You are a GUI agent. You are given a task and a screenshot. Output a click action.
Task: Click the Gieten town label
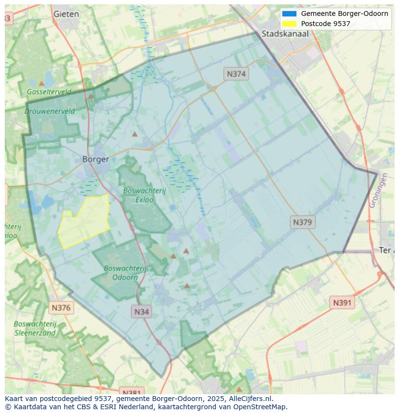click(x=66, y=14)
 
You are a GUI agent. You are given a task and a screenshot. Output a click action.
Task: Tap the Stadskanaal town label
click(x=285, y=34)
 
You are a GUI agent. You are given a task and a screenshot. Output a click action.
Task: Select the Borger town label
click(x=95, y=159)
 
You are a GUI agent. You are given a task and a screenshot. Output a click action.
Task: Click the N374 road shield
click(x=236, y=74)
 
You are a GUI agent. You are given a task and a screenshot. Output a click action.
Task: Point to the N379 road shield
click(x=303, y=222)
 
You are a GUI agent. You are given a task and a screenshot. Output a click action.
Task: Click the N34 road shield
click(x=141, y=311)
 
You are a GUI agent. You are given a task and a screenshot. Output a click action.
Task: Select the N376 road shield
click(x=61, y=308)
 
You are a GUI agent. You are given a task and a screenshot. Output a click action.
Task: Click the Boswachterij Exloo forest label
click(x=144, y=195)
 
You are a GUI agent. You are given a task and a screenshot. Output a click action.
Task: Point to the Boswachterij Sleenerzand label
click(x=35, y=328)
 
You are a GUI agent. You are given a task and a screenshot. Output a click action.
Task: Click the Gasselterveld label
click(x=49, y=92)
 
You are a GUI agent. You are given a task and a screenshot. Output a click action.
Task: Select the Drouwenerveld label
click(x=50, y=111)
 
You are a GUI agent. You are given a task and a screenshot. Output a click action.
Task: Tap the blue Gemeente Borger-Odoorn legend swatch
click(x=290, y=13)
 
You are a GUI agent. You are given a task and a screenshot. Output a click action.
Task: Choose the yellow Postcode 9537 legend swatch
click(x=290, y=24)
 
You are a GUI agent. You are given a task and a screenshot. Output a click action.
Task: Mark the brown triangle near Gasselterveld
click(x=41, y=83)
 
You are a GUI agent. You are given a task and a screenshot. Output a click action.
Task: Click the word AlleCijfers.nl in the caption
click(x=250, y=399)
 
